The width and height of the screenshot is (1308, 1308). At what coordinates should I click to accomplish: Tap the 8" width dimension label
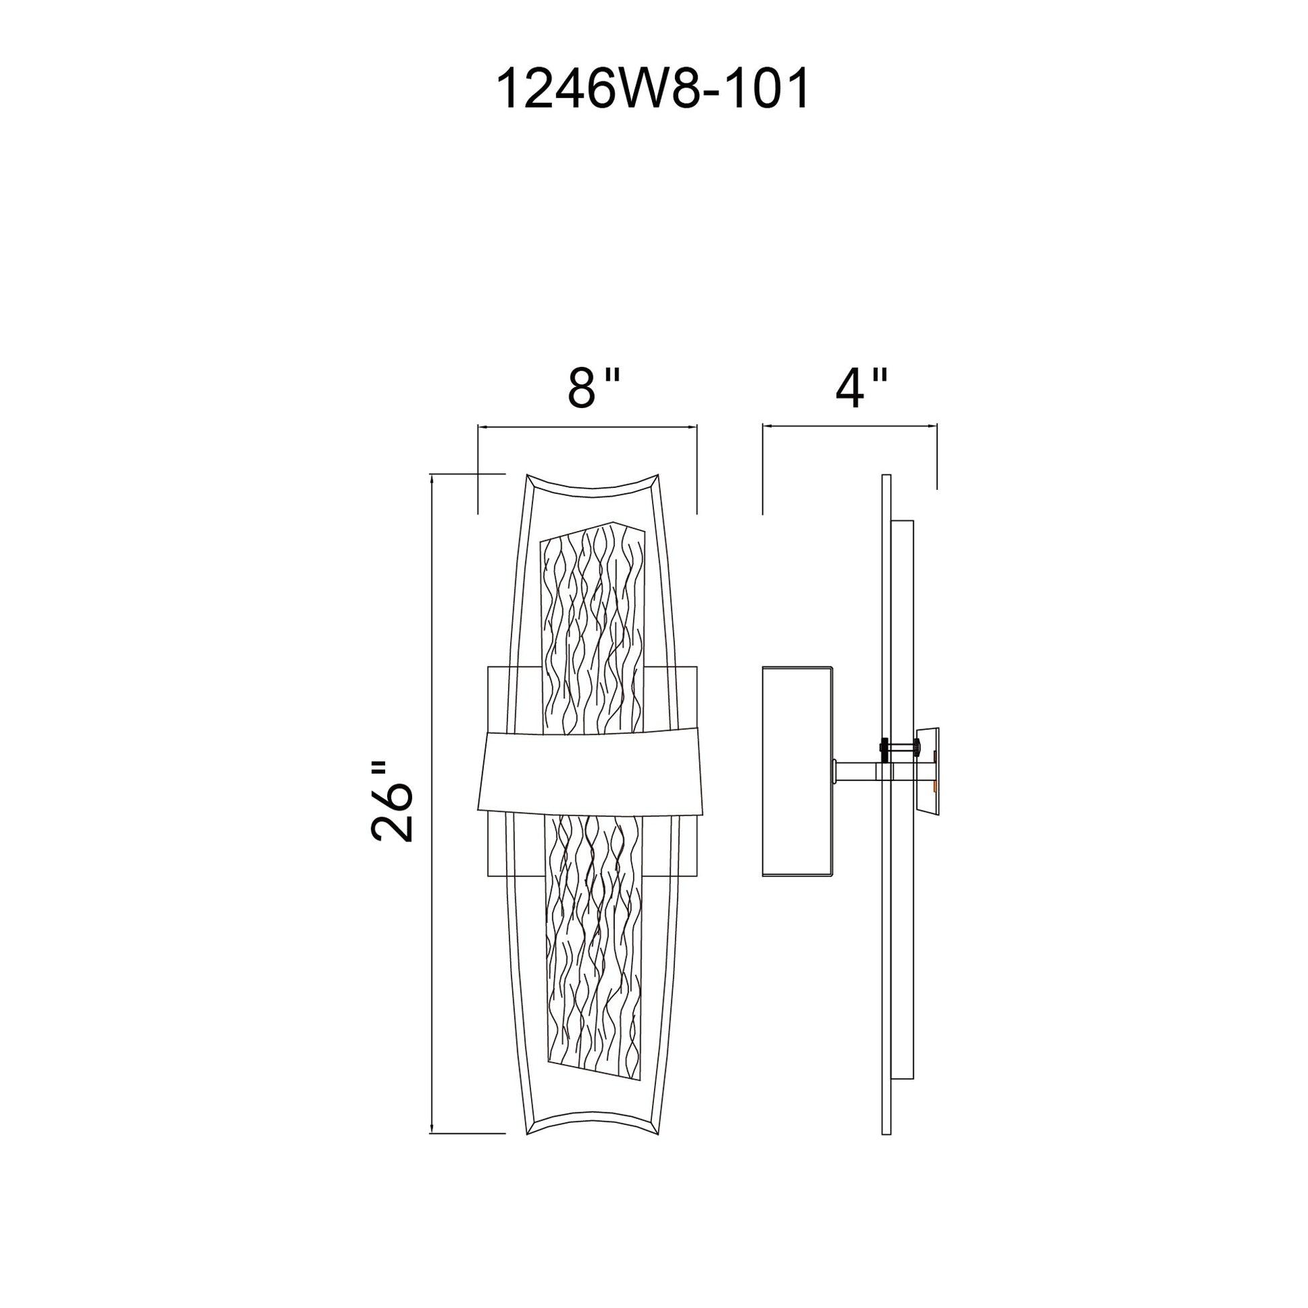593,389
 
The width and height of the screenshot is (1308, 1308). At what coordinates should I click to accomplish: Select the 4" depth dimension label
860,389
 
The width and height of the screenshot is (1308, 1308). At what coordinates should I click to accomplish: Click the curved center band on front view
589,772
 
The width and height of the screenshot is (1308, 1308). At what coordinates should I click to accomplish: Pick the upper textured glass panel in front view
593,630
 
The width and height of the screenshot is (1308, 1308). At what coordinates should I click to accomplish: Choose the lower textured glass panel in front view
593,948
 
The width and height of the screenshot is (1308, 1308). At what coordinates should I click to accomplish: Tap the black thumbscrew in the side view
884,747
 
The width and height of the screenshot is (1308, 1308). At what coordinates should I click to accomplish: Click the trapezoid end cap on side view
928,772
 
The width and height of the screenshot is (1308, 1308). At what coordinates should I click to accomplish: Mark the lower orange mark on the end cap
935,785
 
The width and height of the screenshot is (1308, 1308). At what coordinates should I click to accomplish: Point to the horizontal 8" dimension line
587,427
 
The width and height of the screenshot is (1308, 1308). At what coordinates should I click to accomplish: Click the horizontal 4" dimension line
849,426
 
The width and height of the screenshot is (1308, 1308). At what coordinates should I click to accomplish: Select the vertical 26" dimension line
432,803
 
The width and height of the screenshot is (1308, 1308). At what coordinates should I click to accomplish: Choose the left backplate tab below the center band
497,846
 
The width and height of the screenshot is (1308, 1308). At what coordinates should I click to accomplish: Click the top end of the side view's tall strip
886,478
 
